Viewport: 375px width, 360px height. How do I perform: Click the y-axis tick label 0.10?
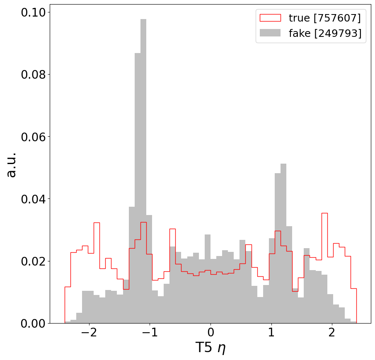(x=33, y=12)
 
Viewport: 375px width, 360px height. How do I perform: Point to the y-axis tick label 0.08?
(x=33, y=75)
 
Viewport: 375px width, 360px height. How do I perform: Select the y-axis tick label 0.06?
(x=33, y=137)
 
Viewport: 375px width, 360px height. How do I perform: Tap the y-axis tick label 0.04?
(x=33, y=199)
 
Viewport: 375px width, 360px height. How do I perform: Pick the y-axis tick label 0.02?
(x=33, y=261)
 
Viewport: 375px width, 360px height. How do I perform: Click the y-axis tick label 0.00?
(x=33, y=323)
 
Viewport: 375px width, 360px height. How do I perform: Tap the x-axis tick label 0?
(x=210, y=334)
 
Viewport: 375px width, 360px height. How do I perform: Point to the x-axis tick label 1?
(x=271, y=334)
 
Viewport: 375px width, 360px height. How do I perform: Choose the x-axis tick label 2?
(x=332, y=334)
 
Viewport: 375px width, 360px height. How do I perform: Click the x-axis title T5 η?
(x=210, y=348)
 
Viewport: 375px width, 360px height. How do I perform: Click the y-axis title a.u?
(x=12, y=164)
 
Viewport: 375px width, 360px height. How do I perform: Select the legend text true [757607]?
(x=325, y=18)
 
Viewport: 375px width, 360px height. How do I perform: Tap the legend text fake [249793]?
(x=325, y=34)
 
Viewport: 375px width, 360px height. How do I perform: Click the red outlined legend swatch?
(x=270, y=18)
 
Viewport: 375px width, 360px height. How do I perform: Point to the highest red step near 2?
(x=324, y=213)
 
